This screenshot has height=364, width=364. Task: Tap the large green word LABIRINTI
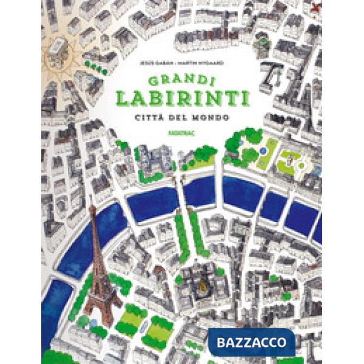tap(182, 98)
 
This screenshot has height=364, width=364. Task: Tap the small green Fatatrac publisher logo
tap(182, 130)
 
